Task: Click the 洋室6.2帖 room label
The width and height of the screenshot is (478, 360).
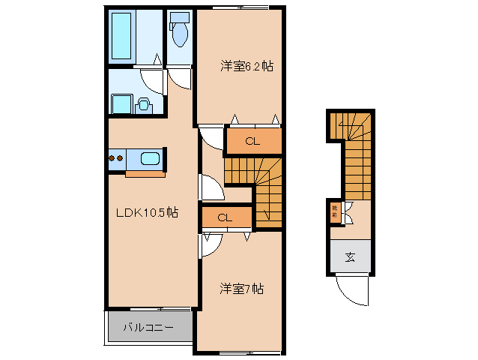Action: coord(246,66)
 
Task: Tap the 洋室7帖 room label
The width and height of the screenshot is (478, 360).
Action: coord(241,288)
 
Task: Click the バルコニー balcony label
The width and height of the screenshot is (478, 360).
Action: coord(148,328)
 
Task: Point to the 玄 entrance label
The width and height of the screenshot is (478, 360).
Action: coord(350,258)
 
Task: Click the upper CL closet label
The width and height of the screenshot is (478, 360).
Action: coord(252,141)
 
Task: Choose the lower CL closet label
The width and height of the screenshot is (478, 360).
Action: coord(225,217)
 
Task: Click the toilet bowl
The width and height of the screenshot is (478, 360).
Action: coord(180,33)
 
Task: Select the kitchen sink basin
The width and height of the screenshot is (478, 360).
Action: coord(150,158)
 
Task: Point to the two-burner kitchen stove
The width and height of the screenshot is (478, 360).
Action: coord(115,158)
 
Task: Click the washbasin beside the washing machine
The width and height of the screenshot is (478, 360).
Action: coord(143,104)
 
